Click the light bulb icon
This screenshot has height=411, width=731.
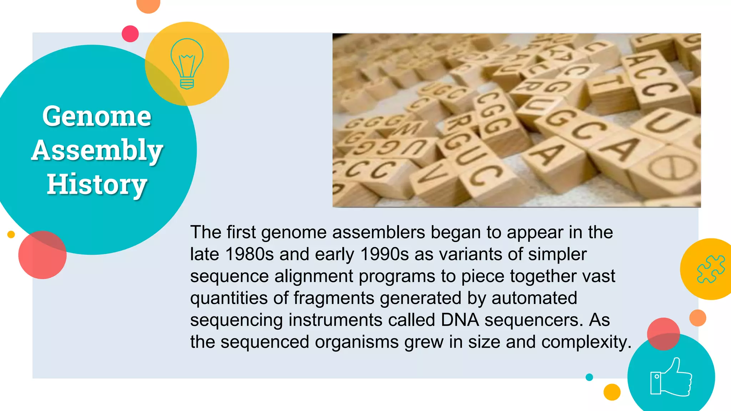tap(187, 64)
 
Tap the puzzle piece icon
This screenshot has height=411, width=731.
tap(711, 269)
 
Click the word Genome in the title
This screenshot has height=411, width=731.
tap(97, 116)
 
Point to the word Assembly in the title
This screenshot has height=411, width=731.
tap(97, 150)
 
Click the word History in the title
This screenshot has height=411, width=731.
tap(97, 184)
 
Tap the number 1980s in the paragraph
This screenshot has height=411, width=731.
tap(249, 254)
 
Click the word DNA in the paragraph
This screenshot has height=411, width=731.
tap(460, 320)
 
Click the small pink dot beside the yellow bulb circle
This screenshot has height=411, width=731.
tap(130, 34)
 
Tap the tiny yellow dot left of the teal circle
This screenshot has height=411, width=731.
tap(11, 234)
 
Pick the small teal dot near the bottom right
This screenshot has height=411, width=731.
tap(589, 377)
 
